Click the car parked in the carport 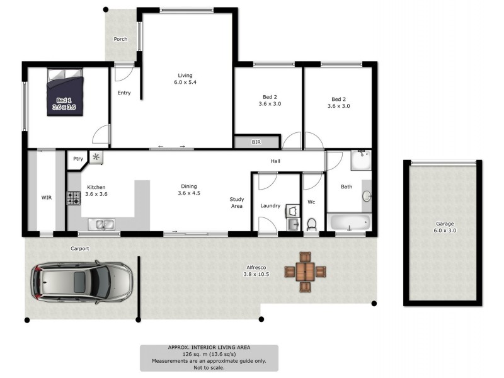click(82, 281)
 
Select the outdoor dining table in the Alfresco click(305, 272)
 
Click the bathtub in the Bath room click(348, 223)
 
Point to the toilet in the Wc click(311, 224)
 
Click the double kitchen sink click(101, 224)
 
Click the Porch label click(120, 39)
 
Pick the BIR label click(256, 142)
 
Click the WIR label click(47, 197)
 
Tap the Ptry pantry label click(78, 159)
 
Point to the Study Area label click(236, 202)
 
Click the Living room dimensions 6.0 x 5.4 click(186, 83)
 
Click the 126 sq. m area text click(209, 355)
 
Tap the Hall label click(275, 161)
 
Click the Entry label click(124, 93)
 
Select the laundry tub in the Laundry click(292, 210)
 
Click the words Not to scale click(209, 368)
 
